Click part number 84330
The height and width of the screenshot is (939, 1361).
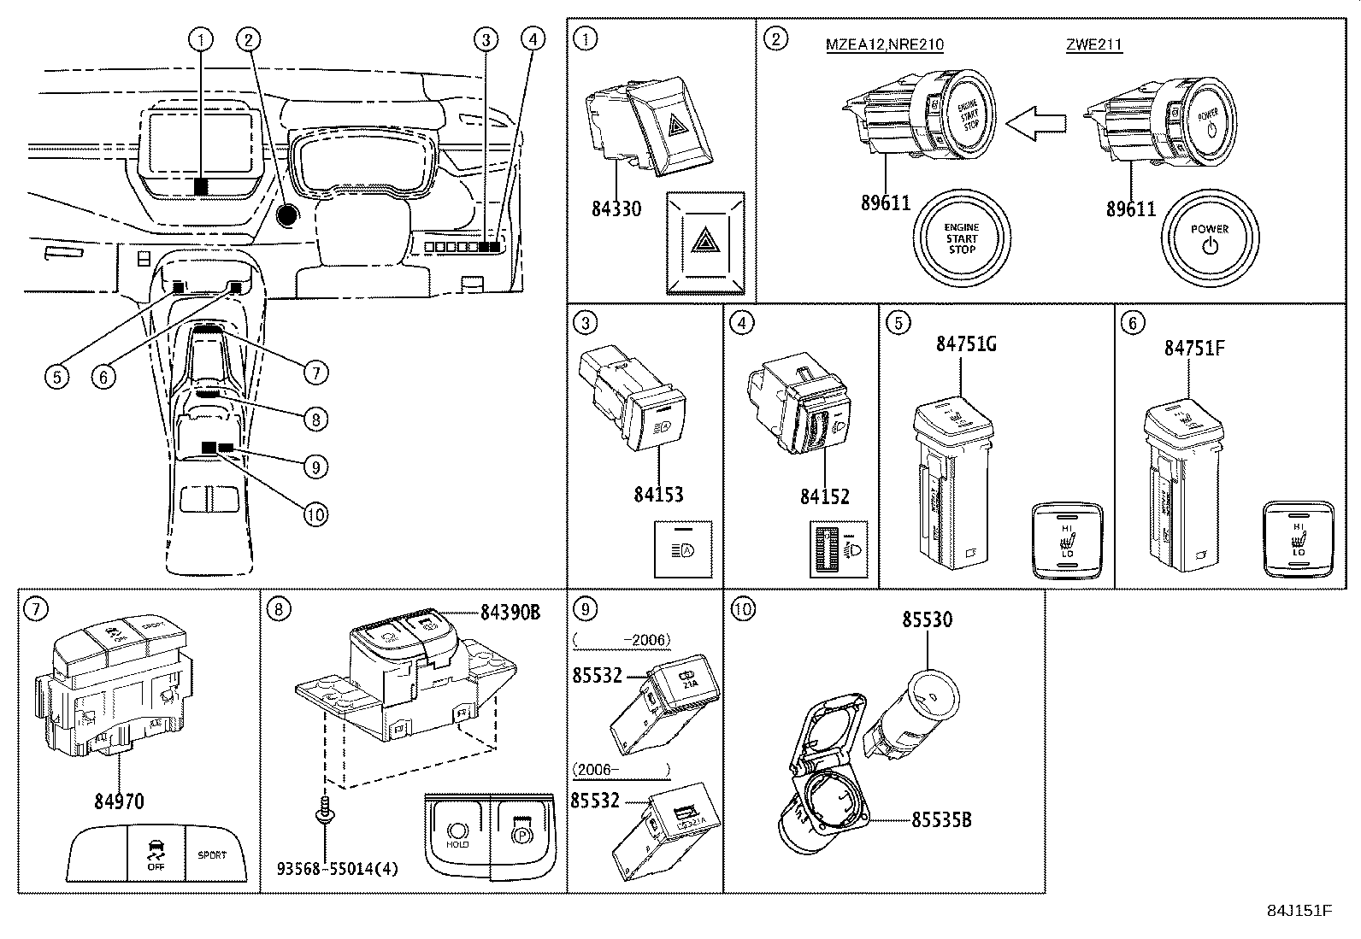coord(616,208)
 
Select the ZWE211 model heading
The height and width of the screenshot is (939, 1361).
coord(1093,45)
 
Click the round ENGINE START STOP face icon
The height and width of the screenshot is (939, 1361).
coord(962,238)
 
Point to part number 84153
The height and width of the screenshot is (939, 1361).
coord(658,495)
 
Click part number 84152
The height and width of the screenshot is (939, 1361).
coord(824,496)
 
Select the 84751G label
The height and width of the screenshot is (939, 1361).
coord(966,343)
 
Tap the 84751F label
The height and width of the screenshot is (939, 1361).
coord(1194,348)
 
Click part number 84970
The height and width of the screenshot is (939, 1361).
coord(119,801)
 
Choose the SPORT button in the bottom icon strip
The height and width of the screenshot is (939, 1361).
coord(213,854)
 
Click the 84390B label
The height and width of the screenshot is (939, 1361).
coord(510,613)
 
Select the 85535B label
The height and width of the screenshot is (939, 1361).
coord(941,819)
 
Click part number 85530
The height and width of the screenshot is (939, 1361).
coord(928,619)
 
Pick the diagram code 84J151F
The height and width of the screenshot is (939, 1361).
coord(1299,910)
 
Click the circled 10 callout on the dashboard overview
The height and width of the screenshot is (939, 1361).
coord(315,514)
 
